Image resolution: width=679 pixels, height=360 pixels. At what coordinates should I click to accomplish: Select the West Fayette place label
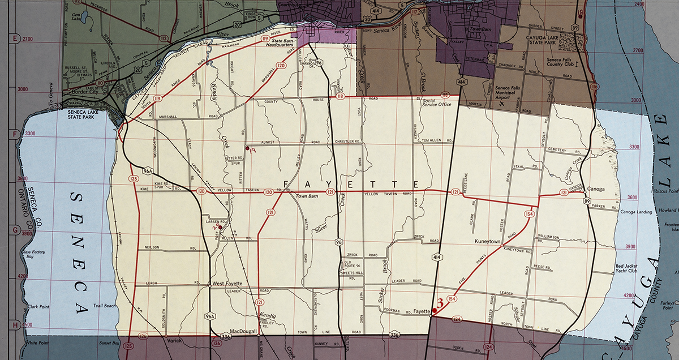click(227, 283)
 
